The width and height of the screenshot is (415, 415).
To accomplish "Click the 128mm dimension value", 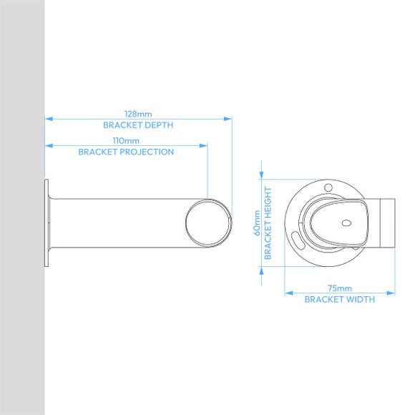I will point(138,114).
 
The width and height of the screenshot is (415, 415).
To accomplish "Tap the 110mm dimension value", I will point(126,140).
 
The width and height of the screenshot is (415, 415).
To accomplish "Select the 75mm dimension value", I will point(339,288).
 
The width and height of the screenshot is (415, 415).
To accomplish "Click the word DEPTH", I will point(159,125).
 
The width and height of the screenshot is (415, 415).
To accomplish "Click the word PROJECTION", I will point(146,152).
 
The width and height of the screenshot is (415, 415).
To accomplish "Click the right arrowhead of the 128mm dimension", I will point(229,119).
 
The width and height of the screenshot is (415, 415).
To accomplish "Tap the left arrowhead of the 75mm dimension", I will point(288,293).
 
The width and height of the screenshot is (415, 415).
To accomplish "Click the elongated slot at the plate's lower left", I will point(297,238).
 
